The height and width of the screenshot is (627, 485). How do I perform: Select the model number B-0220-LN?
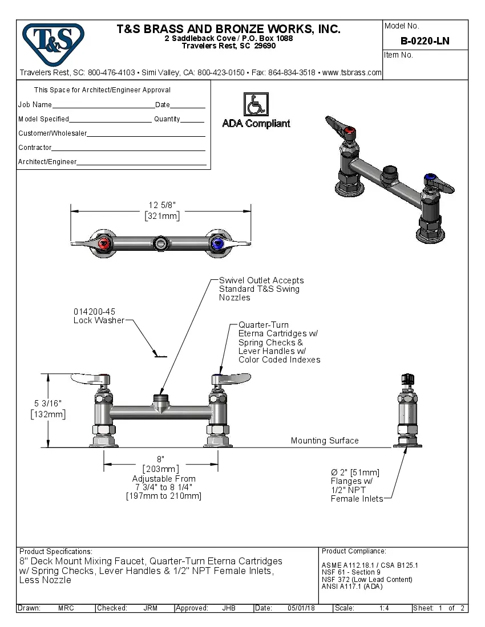(425, 41)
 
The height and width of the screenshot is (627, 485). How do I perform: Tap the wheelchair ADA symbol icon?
(256, 104)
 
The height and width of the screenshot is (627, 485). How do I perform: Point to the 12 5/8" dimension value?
(161, 205)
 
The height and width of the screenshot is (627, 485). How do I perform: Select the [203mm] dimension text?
(161, 469)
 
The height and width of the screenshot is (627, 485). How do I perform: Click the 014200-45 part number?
(94, 312)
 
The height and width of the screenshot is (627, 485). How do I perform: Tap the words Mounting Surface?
(325, 441)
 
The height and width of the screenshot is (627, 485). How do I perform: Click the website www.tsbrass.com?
(351, 72)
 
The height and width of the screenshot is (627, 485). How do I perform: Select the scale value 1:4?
(384, 608)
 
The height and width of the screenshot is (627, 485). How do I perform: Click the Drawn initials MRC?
(66, 608)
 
